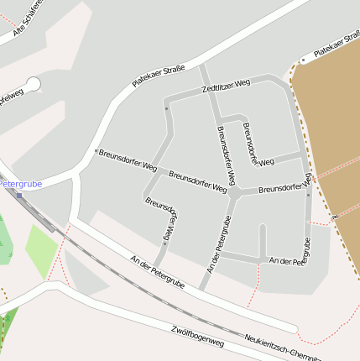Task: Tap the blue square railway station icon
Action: point(19,195)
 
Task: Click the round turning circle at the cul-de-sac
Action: point(33,85)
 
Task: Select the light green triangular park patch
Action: point(41,249)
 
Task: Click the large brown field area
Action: point(331,126)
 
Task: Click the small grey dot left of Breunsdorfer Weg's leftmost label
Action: point(96,152)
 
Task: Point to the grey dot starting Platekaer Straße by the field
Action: point(303,61)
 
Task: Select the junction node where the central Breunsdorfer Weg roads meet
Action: point(236,192)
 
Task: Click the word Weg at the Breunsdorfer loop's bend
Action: point(267,161)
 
